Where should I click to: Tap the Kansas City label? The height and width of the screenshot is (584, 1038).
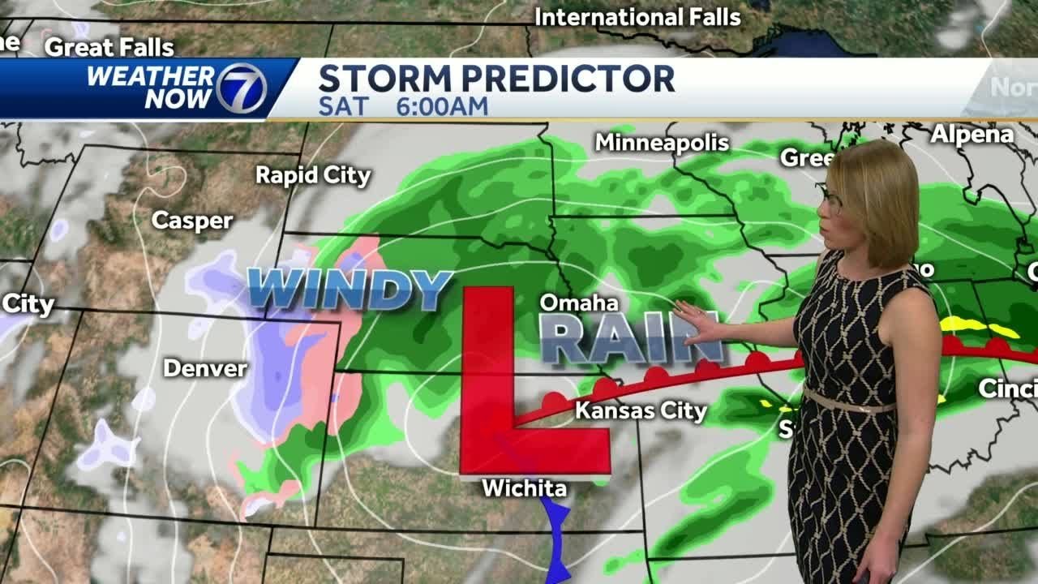pos(641,411)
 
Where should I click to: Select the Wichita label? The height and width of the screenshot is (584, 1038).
pos(524,488)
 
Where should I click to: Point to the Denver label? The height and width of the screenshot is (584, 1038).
pos(205,368)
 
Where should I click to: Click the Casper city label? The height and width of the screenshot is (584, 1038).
pos(192,221)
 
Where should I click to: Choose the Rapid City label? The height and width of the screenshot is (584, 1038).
pos(313,175)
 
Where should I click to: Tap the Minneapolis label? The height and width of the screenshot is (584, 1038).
pos(662,144)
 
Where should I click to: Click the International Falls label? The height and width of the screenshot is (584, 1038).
pos(637,17)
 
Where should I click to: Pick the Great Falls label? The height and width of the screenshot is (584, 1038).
pos(109,48)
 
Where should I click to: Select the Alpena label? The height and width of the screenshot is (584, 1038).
pos(972,135)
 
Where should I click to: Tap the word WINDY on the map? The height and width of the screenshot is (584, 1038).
pos(350,290)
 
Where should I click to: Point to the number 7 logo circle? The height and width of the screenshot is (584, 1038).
pos(241,88)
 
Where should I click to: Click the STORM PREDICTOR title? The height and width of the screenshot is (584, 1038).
pos(496,79)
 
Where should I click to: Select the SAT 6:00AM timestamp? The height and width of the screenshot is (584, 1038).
pos(403,106)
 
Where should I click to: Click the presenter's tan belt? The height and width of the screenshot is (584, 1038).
pos(847,401)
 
